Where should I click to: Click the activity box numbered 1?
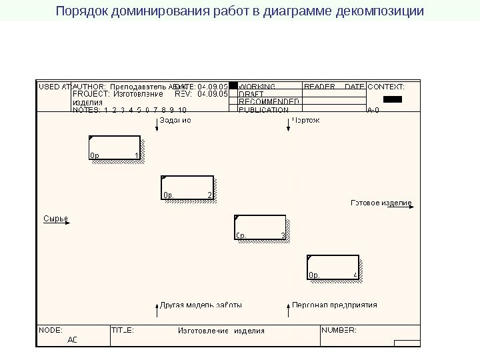click(x=114, y=148)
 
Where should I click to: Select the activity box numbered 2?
click(x=187, y=187)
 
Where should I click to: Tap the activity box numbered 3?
click(x=260, y=227)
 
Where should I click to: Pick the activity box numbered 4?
click(x=333, y=267)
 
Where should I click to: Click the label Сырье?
click(x=56, y=218)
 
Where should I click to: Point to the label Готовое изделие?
click(x=381, y=203)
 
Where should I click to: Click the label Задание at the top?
click(x=175, y=121)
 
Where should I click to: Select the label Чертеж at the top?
click(x=307, y=121)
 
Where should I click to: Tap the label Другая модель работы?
click(x=201, y=305)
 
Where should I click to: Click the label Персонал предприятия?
click(x=335, y=305)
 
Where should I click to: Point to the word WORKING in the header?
click(x=257, y=87)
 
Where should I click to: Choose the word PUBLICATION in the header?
click(x=264, y=110)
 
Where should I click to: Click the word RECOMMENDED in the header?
click(x=269, y=102)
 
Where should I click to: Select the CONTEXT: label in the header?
click(x=387, y=87)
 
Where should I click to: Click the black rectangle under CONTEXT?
click(x=393, y=99)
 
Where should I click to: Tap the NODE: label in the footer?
click(x=51, y=329)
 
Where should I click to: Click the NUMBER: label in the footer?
click(x=339, y=329)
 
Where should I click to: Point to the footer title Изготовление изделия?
click(x=221, y=330)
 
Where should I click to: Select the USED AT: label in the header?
click(x=54, y=87)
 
